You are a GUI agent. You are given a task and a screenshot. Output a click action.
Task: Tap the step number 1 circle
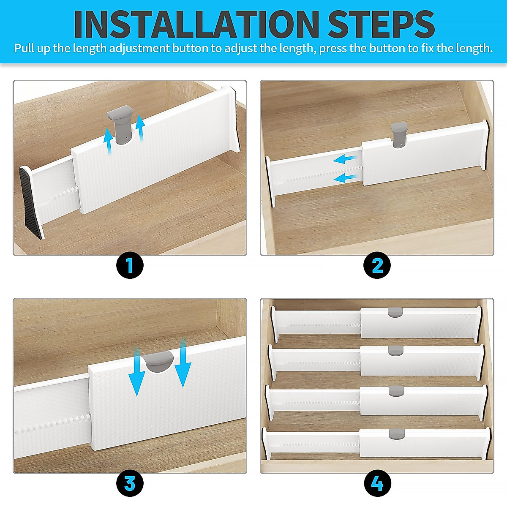130,265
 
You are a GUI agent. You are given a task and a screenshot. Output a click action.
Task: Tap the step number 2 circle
377,265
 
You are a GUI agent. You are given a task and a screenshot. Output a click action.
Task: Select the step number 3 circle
130,483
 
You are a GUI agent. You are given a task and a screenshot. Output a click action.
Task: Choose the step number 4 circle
377,483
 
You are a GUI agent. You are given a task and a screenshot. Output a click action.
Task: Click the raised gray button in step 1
120,123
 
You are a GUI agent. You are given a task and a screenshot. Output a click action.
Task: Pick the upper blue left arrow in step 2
346,159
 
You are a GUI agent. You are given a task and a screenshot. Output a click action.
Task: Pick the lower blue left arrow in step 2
346,178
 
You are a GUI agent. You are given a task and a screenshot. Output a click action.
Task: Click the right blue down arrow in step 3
183,363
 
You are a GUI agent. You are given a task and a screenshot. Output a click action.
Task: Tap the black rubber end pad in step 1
31,203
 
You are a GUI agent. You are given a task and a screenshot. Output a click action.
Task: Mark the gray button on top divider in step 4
395,313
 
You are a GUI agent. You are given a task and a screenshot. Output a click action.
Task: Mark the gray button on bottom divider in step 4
396,433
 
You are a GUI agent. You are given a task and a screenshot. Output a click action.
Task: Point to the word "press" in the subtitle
333,49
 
